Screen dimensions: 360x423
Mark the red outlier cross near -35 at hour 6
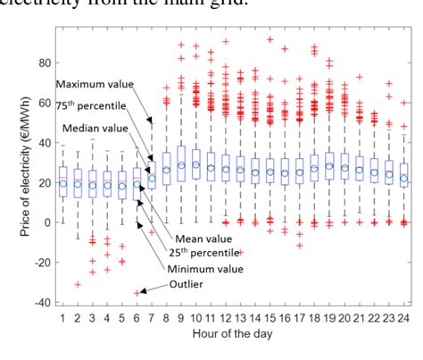point(137,292)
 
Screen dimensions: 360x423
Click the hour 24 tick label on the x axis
point(404,320)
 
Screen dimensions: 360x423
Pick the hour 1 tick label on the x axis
point(62,320)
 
